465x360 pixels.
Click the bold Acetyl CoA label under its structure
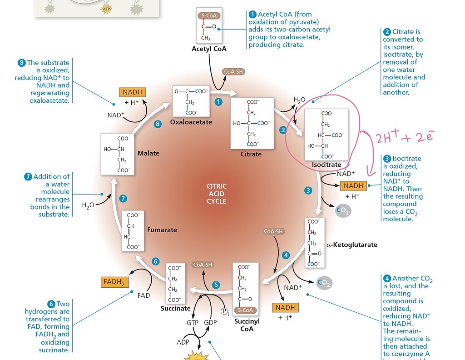tap(209, 49)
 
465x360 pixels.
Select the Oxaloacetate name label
tap(191, 122)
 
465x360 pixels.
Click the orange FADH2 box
tap(114, 282)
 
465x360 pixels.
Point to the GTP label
tap(193, 322)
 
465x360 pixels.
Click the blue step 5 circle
tap(216, 285)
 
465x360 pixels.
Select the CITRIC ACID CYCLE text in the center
tap(217, 194)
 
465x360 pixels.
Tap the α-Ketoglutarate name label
tap(351, 245)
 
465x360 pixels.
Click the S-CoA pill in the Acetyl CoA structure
tap(209, 15)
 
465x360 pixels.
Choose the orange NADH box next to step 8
tap(132, 92)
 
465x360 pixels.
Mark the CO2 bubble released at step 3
tap(343, 210)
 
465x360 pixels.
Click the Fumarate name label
tap(162, 230)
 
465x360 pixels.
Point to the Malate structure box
tap(118, 154)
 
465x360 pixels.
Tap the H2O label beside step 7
tap(88, 205)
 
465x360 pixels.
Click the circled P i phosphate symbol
tap(224, 311)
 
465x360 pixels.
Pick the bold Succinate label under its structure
tap(175, 309)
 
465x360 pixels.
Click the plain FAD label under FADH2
tap(143, 295)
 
